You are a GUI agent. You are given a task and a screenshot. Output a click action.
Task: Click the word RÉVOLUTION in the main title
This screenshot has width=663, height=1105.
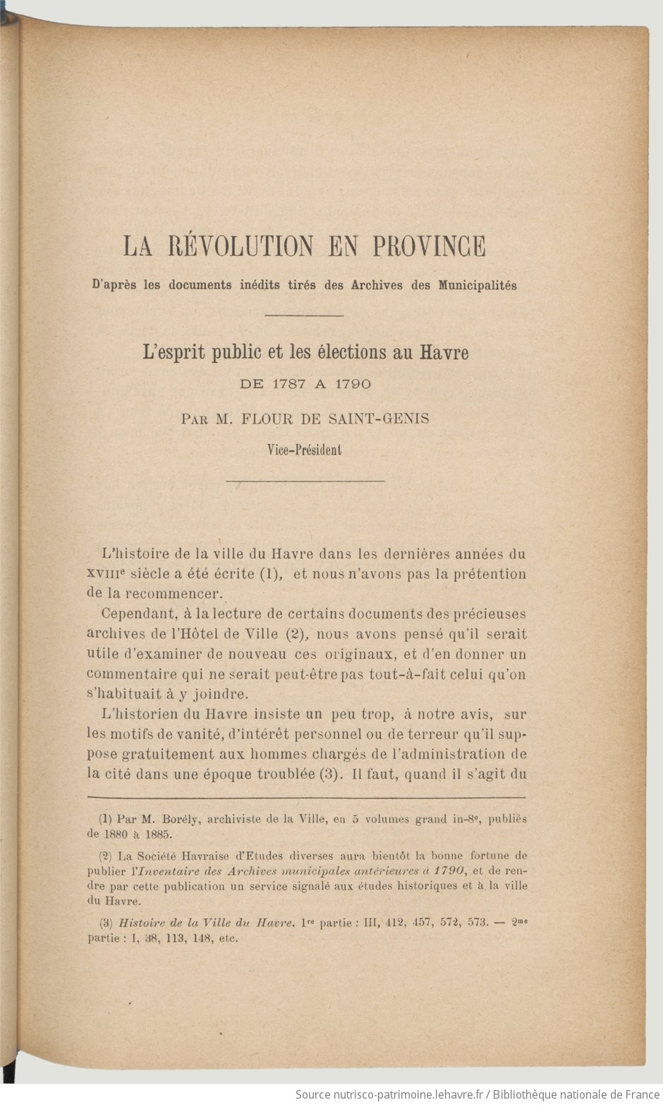[241, 246]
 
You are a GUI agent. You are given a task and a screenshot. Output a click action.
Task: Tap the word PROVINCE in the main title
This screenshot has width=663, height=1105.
[429, 246]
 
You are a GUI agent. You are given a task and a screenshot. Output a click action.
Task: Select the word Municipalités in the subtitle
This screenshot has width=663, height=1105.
[478, 286]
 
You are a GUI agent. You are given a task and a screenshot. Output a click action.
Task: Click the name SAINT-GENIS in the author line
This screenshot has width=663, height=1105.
[379, 418]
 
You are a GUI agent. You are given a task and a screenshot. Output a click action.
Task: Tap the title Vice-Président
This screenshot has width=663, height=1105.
[304, 449]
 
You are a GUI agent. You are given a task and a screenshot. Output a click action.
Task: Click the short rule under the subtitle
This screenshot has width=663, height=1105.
[304, 315]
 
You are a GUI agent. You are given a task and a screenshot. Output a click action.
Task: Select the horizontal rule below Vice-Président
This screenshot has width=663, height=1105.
[305, 481]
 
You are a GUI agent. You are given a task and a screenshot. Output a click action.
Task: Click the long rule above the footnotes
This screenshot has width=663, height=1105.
[307, 797]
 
